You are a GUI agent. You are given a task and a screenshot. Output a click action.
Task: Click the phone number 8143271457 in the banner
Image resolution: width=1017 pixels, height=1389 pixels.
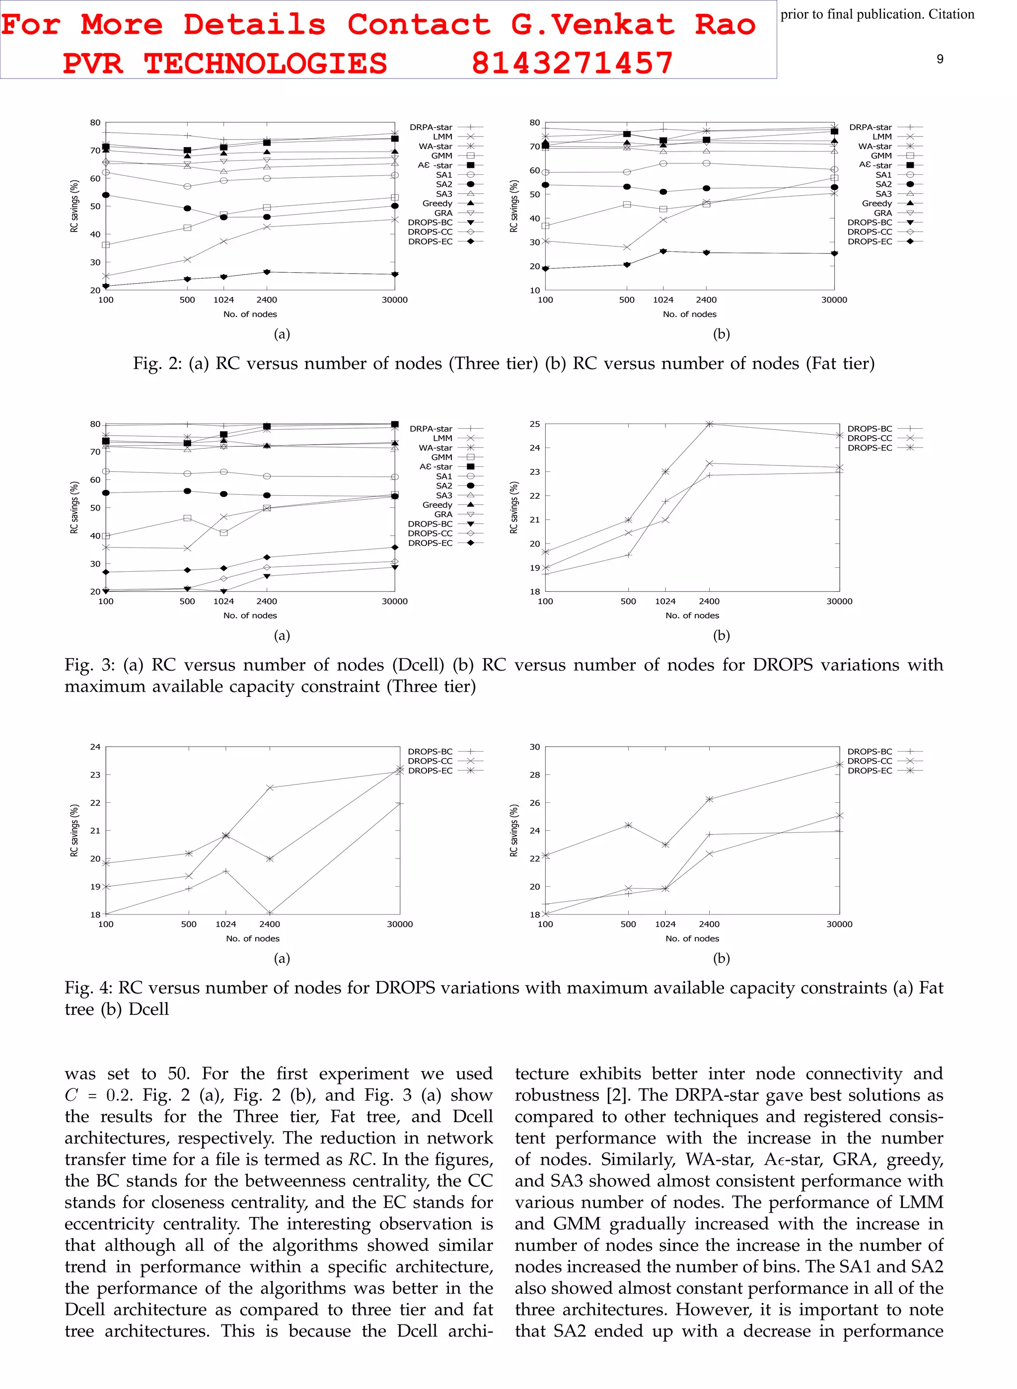[x=572, y=63]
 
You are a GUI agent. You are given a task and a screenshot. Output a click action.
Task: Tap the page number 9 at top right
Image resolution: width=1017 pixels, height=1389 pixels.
[x=940, y=59]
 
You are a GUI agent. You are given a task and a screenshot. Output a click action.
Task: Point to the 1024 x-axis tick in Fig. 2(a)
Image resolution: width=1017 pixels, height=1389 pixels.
[x=223, y=300]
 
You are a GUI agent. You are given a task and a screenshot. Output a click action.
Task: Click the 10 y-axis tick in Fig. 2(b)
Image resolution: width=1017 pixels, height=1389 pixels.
[x=534, y=290]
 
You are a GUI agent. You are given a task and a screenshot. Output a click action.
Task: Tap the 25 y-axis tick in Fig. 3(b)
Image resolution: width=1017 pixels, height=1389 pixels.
[x=534, y=424]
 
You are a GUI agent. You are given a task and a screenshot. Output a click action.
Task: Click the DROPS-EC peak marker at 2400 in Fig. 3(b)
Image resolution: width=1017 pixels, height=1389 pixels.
[x=709, y=424]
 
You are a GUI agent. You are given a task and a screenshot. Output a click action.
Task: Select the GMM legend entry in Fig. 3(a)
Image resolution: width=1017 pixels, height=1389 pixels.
[x=441, y=458]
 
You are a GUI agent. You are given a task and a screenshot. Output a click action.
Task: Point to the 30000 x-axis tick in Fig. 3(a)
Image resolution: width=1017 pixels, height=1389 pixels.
[x=395, y=602]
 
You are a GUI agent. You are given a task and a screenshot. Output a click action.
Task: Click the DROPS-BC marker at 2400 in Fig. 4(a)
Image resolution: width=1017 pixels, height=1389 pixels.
[x=270, y=913]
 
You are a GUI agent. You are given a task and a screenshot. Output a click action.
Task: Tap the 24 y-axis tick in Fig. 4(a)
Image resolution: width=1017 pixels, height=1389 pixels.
[x=95, y=747]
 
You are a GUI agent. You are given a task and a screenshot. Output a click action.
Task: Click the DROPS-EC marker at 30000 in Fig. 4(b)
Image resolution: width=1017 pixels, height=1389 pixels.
[x=839, y=765]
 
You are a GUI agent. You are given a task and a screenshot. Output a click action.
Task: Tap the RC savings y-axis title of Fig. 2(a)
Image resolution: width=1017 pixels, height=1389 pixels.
[x=74, y=206]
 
